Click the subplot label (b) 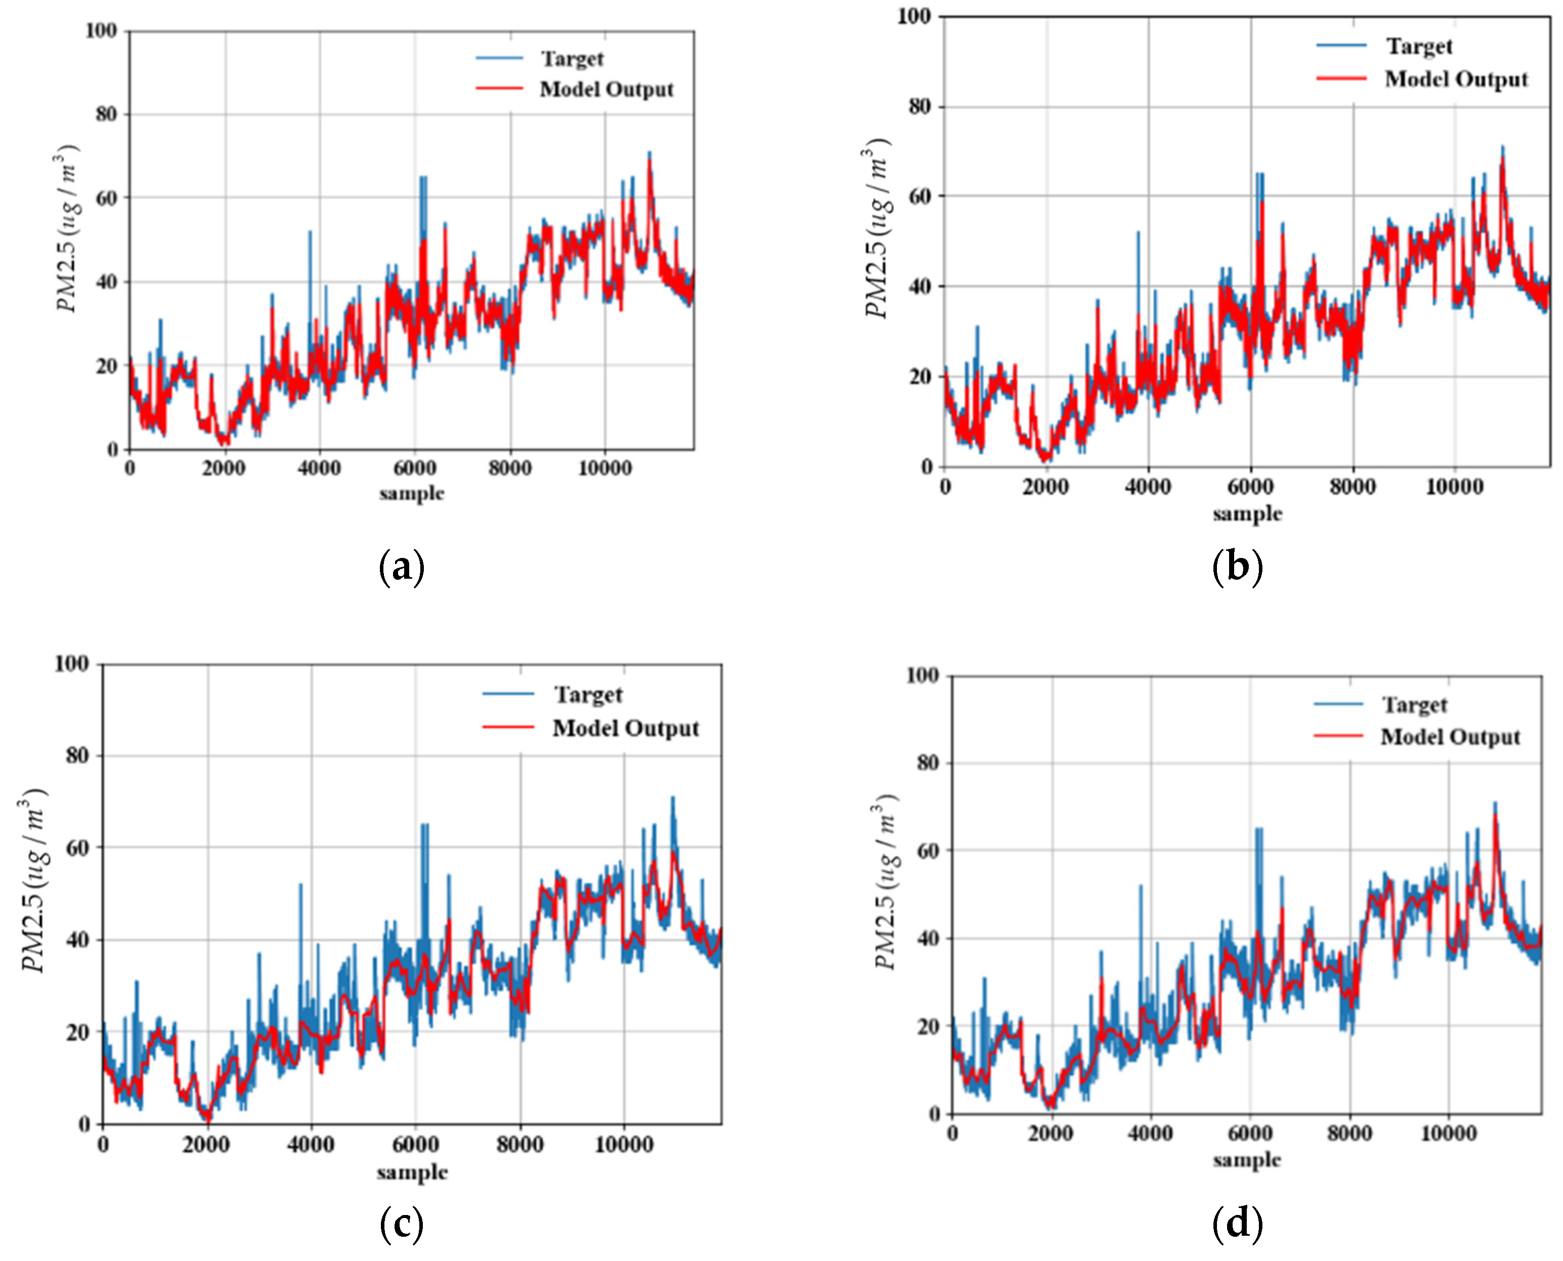tap(1238, 567)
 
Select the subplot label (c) tap(402, 1224)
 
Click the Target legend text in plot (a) tap(572, 59)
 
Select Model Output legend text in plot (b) tap(1456, 79)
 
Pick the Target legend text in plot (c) tap(588, 694)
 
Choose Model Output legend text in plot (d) tap(1450, 736)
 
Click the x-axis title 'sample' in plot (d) tap(1246, 1160)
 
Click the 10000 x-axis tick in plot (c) tap(623, 1145)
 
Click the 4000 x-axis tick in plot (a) tap(319, 469)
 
